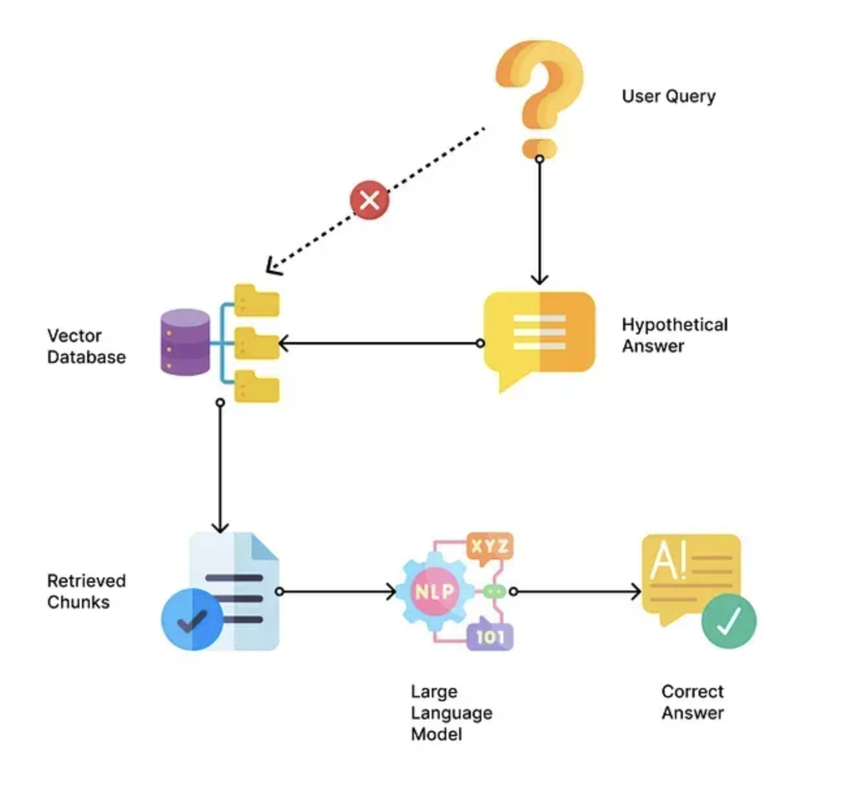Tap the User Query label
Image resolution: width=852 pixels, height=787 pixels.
(669, 96)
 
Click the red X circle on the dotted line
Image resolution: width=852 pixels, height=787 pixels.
(369, 200)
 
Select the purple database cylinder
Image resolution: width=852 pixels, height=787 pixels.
(185, 342)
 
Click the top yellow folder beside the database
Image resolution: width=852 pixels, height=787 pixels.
(256, 300)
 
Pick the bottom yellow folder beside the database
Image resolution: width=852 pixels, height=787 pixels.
(256, 386)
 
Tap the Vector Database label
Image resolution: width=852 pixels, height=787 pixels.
(87, 346)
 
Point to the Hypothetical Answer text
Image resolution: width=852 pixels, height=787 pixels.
(674, 335)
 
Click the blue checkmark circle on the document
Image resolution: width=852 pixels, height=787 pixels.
(193, 619)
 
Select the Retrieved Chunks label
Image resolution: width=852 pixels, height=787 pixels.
(87, 591)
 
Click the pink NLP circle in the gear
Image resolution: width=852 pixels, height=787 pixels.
(434, 591)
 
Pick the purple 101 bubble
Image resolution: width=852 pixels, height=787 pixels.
(490, 635)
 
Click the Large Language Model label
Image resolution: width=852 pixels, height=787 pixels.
(451, 713)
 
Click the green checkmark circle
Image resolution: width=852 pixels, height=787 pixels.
(729, 621)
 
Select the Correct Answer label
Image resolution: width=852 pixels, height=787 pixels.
(693, 702)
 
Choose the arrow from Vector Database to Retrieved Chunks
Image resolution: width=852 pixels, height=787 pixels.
(220, 466)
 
